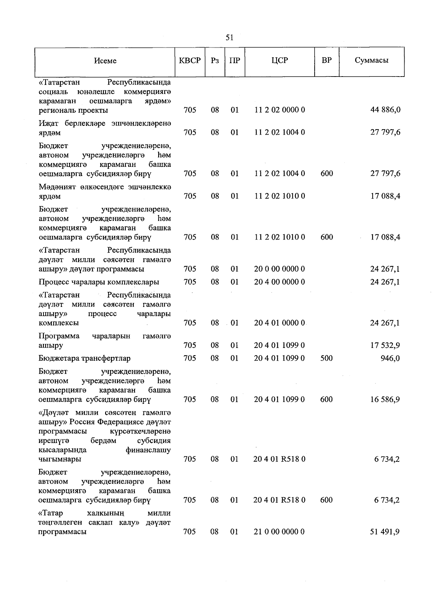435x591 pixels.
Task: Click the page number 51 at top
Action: pyautogui.click(x=229, y=37)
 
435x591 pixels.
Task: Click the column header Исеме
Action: pyautogui.click(x=105, y=61)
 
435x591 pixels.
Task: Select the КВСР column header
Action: pyautogui.click(x=190, y=61)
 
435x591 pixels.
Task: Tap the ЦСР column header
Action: pyautogui.click(x=279, y=61)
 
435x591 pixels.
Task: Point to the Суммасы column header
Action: pyautogui.click(x=372, y=61)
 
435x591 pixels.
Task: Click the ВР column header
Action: pyautogui.click(x=327, y=61)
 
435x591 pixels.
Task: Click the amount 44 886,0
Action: pyautogui.click(x=385, y=110)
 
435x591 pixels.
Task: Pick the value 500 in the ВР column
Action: pyautogui.click(x=327, y=358)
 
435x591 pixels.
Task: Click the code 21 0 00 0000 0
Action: pyautogui.click(x=279, y=532)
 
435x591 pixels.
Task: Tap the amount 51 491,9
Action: pyautogui.click(x=385, y=532)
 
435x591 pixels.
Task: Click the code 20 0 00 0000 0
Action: pyautogui.click(x=279, y=269)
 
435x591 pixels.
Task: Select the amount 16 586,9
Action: pyautogui.click(x=385, y=399)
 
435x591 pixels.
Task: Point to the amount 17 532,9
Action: pyautogui.click(x=385, y=345)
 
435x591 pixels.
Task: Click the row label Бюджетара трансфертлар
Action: pyautogui.click(x=84, y=358)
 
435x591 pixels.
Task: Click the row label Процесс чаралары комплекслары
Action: pyautogui.click(x=99, y=282)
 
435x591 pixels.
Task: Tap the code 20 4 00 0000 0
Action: pyautogui.click(x=279, y=282)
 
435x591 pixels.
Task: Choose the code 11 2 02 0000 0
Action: pyautogui.click(x=279, y=110)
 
